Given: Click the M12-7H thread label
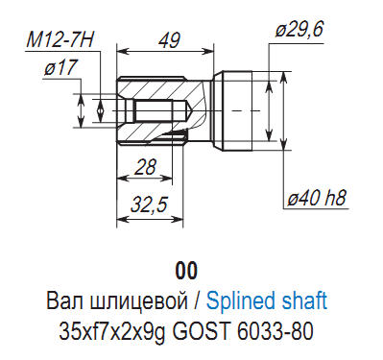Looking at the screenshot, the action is pos(60,40).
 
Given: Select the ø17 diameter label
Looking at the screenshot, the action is pos(60,67).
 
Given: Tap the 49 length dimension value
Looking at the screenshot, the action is pos(169,40).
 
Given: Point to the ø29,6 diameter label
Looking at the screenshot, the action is pos(299,30).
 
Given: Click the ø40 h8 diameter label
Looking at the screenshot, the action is pos(317,199).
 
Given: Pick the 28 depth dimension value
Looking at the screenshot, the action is pos(146,167).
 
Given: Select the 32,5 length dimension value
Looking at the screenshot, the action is pos(149,204).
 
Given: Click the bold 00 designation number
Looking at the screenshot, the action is pos(186,271).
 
